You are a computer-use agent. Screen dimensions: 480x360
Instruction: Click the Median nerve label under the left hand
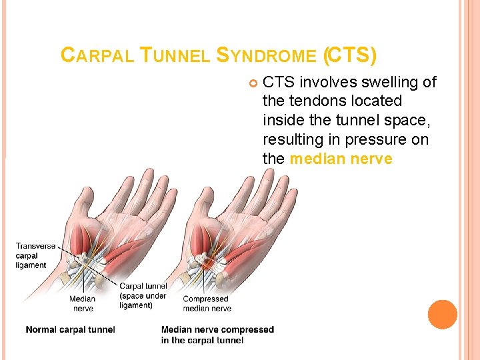pos(82,303)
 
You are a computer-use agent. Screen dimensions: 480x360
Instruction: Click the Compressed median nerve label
pos(207,303)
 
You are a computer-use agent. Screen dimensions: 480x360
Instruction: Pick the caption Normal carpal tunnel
pos(70,329)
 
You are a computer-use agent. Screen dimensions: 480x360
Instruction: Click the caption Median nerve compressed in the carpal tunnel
pos(217,335)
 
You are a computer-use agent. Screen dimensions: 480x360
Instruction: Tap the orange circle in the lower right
pos(443,315)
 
